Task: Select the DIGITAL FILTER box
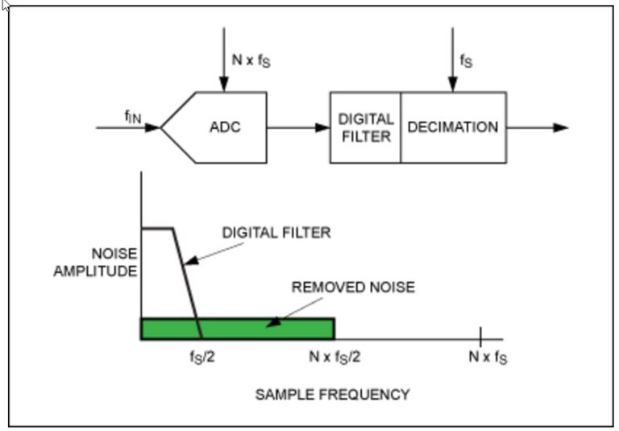pyautogui.click(x=365, y=127)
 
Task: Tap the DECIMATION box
pyautogui.click(x=453, y=127)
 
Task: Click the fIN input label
pyautogui.click(x=132, y=117)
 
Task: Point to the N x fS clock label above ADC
pyautogui.click(x=251, y=60)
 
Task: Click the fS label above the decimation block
pyautogui.click(x=467, y=60)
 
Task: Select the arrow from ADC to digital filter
pyautogui.click(x=297, y=127)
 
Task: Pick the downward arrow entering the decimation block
pyautogui.click(x=452, y=60)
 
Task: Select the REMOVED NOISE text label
pyautogui.click(x=353, y=287)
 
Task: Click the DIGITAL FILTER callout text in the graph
pyautogui.click(x=276, y=233)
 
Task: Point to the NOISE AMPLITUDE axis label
pyautogui.click(x=96, y=263)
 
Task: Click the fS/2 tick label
pyautogui.click(x=197, y=356)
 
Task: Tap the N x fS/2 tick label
pyautogui.click(x=334, y=356)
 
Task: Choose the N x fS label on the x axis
pyautogui.click(x=488, y=356)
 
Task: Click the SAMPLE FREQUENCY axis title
pyautogui.click(x=332, y=394)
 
